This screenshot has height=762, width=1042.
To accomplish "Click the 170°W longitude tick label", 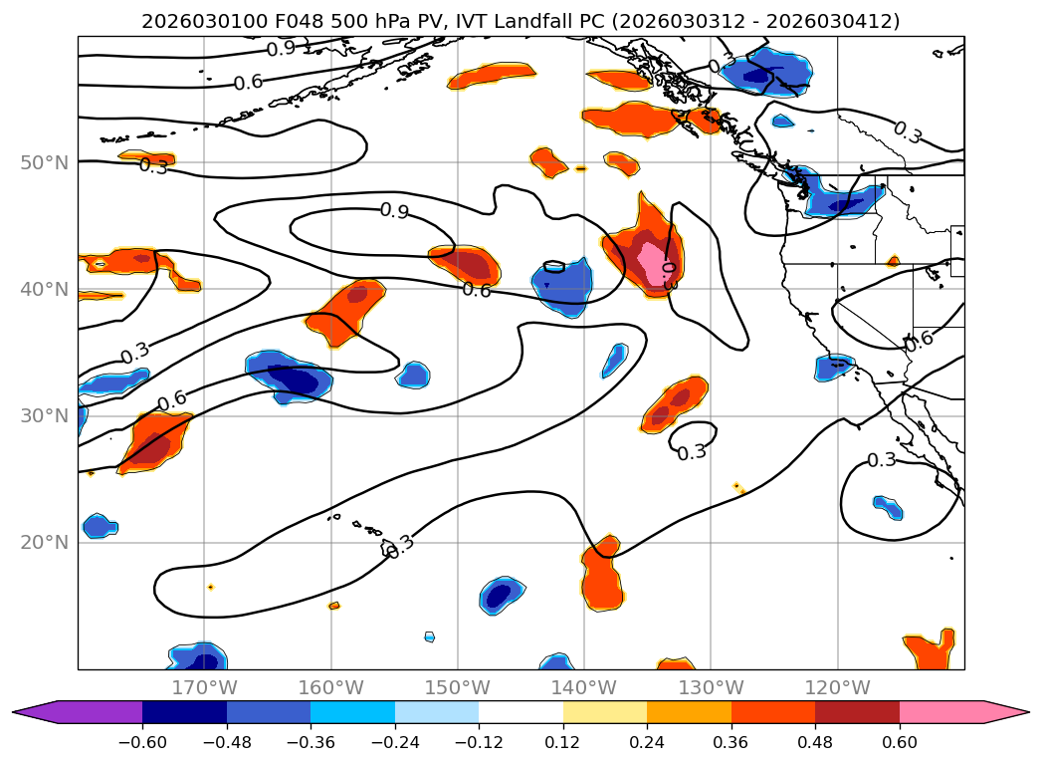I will tap(204, 687).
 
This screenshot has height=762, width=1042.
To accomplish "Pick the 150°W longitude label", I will tap(458, 687).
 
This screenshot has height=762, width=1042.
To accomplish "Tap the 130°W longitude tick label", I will tap(711, 687).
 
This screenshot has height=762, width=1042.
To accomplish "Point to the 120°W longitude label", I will tap(837, 687).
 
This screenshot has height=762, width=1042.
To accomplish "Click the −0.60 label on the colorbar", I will tap(142, 742).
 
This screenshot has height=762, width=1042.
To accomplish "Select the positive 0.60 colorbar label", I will tap(900, 742).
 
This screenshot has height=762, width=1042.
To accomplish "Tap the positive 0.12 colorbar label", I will tap(563, 742).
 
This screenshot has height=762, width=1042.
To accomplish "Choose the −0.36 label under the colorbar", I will tap(311, 742).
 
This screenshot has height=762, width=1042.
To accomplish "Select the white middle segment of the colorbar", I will tap(521, 712).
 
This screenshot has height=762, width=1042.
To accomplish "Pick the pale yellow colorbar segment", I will tap(605, 712).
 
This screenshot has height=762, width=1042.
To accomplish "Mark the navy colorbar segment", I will tap(184, 712).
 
